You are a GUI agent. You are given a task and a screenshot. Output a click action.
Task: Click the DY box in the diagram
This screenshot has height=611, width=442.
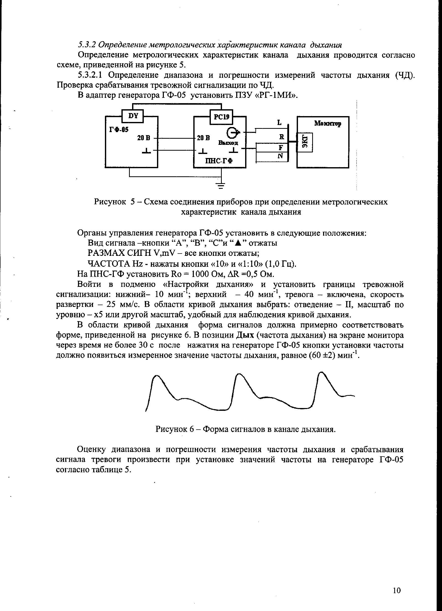coord(133,116)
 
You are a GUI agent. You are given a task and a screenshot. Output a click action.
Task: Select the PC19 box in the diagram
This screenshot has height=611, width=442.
coord(222,117)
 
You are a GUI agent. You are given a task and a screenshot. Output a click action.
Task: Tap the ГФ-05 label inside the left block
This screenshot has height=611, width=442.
coord(119,130)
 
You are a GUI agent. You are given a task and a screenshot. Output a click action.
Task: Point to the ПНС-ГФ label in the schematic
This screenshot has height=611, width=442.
coord(219,161)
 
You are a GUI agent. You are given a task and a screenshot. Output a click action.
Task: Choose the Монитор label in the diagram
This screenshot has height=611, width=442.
coord(328,124)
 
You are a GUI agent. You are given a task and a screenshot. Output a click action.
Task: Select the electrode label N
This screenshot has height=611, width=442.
coord(280,156)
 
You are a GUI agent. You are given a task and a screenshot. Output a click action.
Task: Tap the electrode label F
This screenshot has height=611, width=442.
coord(280,147)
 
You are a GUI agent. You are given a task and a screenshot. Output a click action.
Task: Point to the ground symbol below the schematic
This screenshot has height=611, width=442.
coord(221,186)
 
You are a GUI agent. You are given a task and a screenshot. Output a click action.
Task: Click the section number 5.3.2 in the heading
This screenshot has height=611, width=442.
coord(87,44)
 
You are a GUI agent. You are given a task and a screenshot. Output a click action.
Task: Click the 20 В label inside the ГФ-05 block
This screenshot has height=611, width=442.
coord(144,138)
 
